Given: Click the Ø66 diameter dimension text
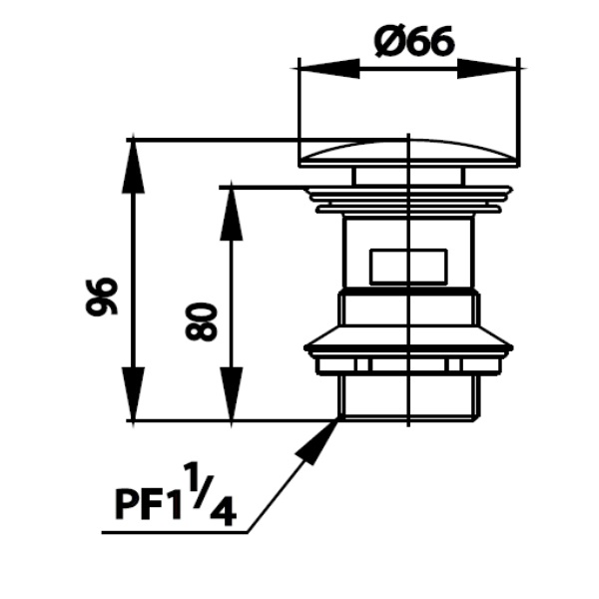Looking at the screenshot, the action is (414, 42).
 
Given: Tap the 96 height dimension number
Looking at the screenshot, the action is (102, 297).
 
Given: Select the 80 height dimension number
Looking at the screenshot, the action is (201, 322).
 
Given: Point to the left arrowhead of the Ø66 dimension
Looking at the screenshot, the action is (329, 69).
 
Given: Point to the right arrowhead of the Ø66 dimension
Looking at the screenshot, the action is (488, 69).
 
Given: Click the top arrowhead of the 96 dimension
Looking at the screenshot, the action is (133, 167).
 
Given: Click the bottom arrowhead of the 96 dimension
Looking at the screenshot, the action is (133, 394).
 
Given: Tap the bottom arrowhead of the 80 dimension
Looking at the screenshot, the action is (232, 394).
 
